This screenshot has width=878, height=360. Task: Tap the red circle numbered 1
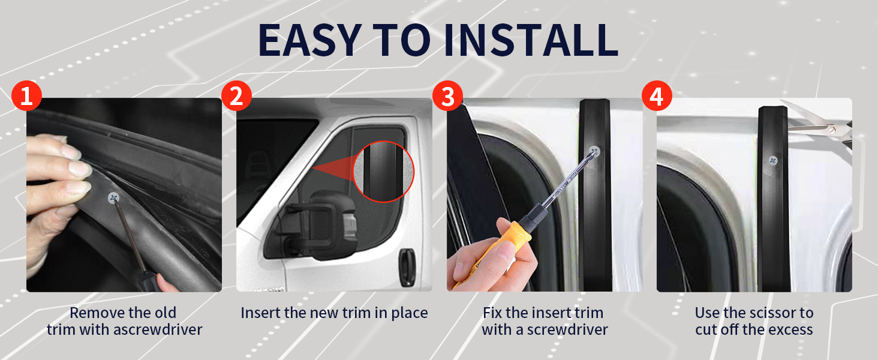point(26,97)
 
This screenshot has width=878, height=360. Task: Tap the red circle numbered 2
point(236,97)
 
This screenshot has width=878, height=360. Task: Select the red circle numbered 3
point(447,97)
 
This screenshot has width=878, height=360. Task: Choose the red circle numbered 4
point(657,97)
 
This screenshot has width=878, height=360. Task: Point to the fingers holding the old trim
point(57,174)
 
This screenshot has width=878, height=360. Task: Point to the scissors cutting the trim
point(822,127)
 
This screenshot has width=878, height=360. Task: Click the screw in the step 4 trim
point(773,161)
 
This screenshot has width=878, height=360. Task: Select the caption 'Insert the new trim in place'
point(334,313)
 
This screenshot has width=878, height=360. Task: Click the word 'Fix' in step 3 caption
point(494,313)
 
